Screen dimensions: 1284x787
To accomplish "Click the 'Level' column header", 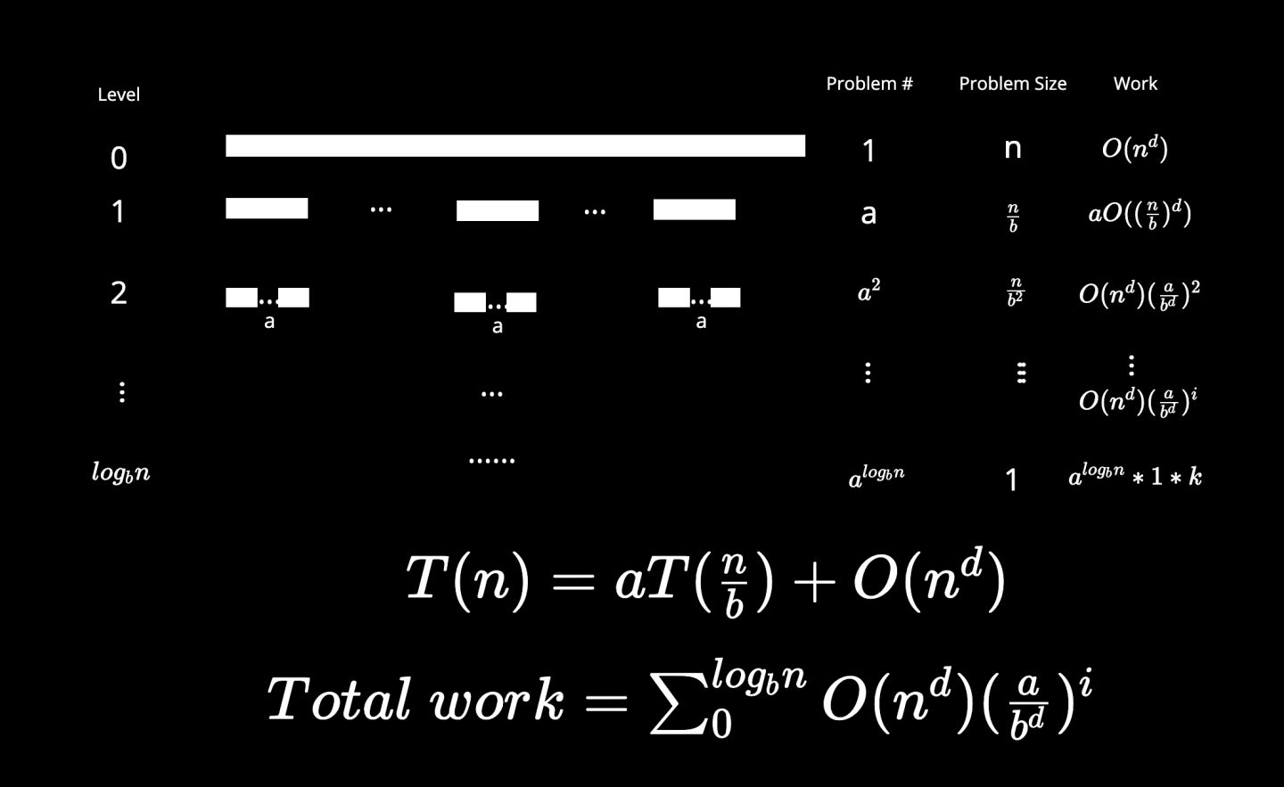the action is [119, 94].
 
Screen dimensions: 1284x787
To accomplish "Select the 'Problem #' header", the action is [868, 84].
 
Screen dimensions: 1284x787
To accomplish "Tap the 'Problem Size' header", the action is [1012, 84].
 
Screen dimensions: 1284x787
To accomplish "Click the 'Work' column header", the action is [1135, 84].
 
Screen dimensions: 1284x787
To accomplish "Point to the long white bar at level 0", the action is [515, 146].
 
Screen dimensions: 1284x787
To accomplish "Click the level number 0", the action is [119, 158].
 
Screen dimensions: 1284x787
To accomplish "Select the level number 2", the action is [119, 292].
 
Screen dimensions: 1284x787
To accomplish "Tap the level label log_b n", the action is [121, 472].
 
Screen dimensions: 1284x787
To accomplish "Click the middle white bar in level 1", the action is [498, 210].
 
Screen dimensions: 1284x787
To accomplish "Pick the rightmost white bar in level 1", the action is [694, 209].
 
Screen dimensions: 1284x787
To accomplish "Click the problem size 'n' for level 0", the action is [1012, 148].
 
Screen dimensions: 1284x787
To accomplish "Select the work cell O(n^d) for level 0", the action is [1135, 148].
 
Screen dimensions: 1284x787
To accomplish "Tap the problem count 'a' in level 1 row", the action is [868, 214].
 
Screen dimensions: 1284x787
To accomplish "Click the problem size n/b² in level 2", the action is [1014, 292].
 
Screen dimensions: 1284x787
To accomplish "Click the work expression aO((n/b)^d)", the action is [1140, 214].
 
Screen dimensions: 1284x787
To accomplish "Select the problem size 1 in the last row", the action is [1011, 480].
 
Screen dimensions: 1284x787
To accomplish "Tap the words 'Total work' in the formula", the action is [416, 699].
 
